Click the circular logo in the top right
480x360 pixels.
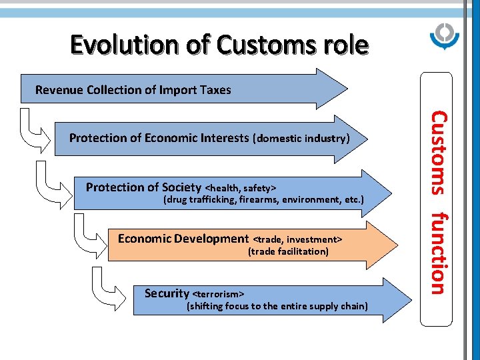pos(443,37)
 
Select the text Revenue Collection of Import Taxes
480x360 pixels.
pos(133,90)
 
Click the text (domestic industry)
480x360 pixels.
pos(301,139)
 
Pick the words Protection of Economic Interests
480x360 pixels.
pos(159,138)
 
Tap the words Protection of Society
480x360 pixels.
pos(143,187)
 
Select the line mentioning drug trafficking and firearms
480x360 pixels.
pos(263,199)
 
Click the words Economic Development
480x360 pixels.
pos(183,239)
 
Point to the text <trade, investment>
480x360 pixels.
pos(297,239)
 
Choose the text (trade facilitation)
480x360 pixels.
pos(288,251)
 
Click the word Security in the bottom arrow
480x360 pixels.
pos(167,293)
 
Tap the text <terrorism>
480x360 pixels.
pos(218,294)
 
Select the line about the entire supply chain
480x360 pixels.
pos(277,306)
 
